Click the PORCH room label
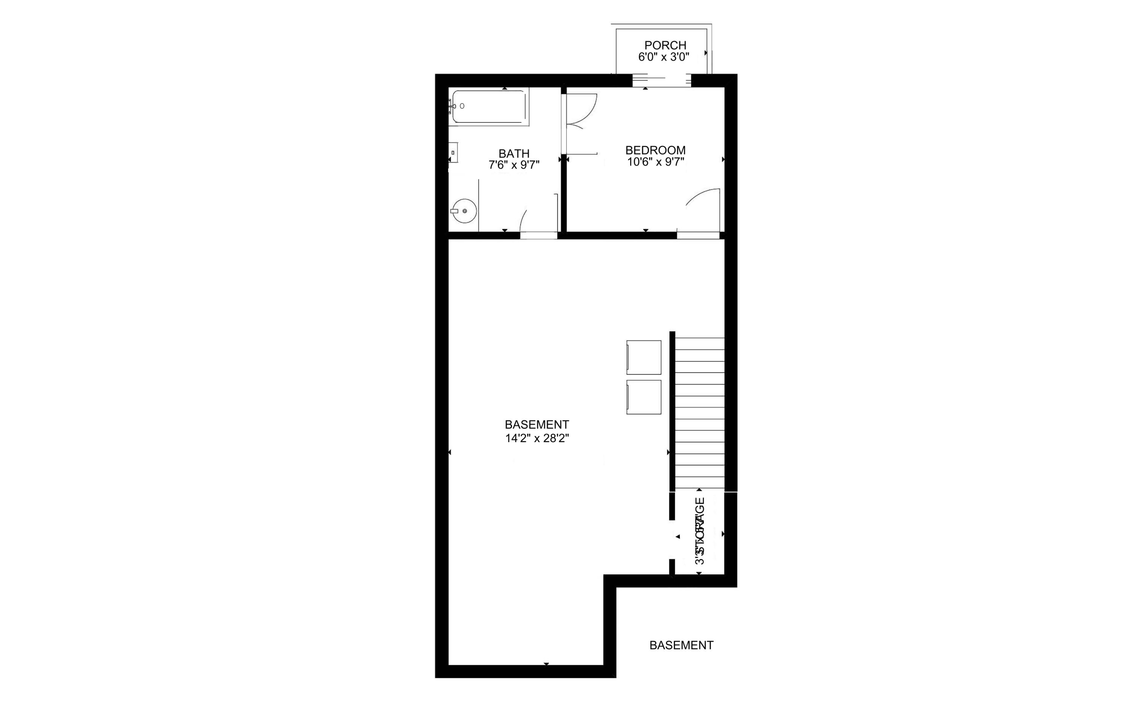(665, 45)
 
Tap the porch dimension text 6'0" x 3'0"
(663, 57)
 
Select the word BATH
(514, 153)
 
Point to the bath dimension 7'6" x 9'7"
(514, 165)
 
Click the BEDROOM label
(655, 150)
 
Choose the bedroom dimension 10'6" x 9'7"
(655, 162)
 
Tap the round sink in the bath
(465, 211)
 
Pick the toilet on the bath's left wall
(453, 153)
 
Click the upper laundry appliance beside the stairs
(644, 357)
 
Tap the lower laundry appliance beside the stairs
(644, 397)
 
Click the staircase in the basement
(699, 413)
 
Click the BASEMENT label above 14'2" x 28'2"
(537, 424)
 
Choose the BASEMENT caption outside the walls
(681, 645)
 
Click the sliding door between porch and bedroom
(662, 81)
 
